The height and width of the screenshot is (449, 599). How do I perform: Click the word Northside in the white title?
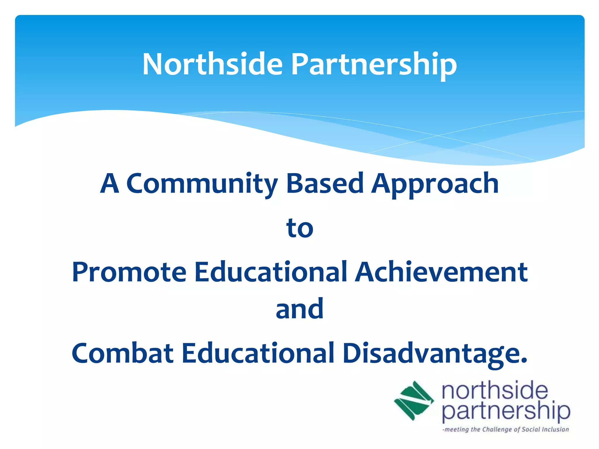tap(213, 64)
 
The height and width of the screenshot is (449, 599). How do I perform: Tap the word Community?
tap(202, 184)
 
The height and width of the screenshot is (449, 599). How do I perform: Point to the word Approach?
tap(435, 184)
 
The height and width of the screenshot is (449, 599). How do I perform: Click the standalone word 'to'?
tap(300, 228)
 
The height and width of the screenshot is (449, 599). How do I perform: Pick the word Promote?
tap(129, 272)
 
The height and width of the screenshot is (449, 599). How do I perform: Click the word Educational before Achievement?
tap(271, 272)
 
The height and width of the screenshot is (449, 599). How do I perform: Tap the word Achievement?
tap(441, 272)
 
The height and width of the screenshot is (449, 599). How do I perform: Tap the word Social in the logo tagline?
tap(531, 429)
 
